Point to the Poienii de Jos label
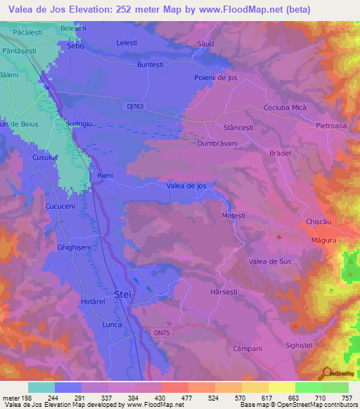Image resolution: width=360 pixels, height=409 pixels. (215, 78)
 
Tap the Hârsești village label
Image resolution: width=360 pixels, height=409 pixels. (226, 290)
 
